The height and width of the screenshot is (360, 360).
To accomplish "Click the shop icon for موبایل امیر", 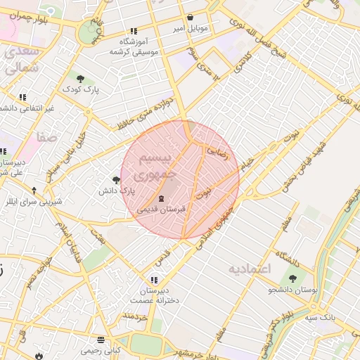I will click(190, 18).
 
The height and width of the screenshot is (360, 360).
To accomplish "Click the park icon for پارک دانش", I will click(116, 179).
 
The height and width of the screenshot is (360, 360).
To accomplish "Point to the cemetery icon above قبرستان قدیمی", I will click(162, 198).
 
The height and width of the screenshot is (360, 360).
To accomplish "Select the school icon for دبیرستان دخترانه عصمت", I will click(154, 280).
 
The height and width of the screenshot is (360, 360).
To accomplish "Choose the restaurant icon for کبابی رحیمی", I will click(102, 338).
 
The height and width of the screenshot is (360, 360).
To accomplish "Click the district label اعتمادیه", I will click(250, 269).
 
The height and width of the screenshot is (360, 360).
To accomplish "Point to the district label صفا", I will click(47, 139).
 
